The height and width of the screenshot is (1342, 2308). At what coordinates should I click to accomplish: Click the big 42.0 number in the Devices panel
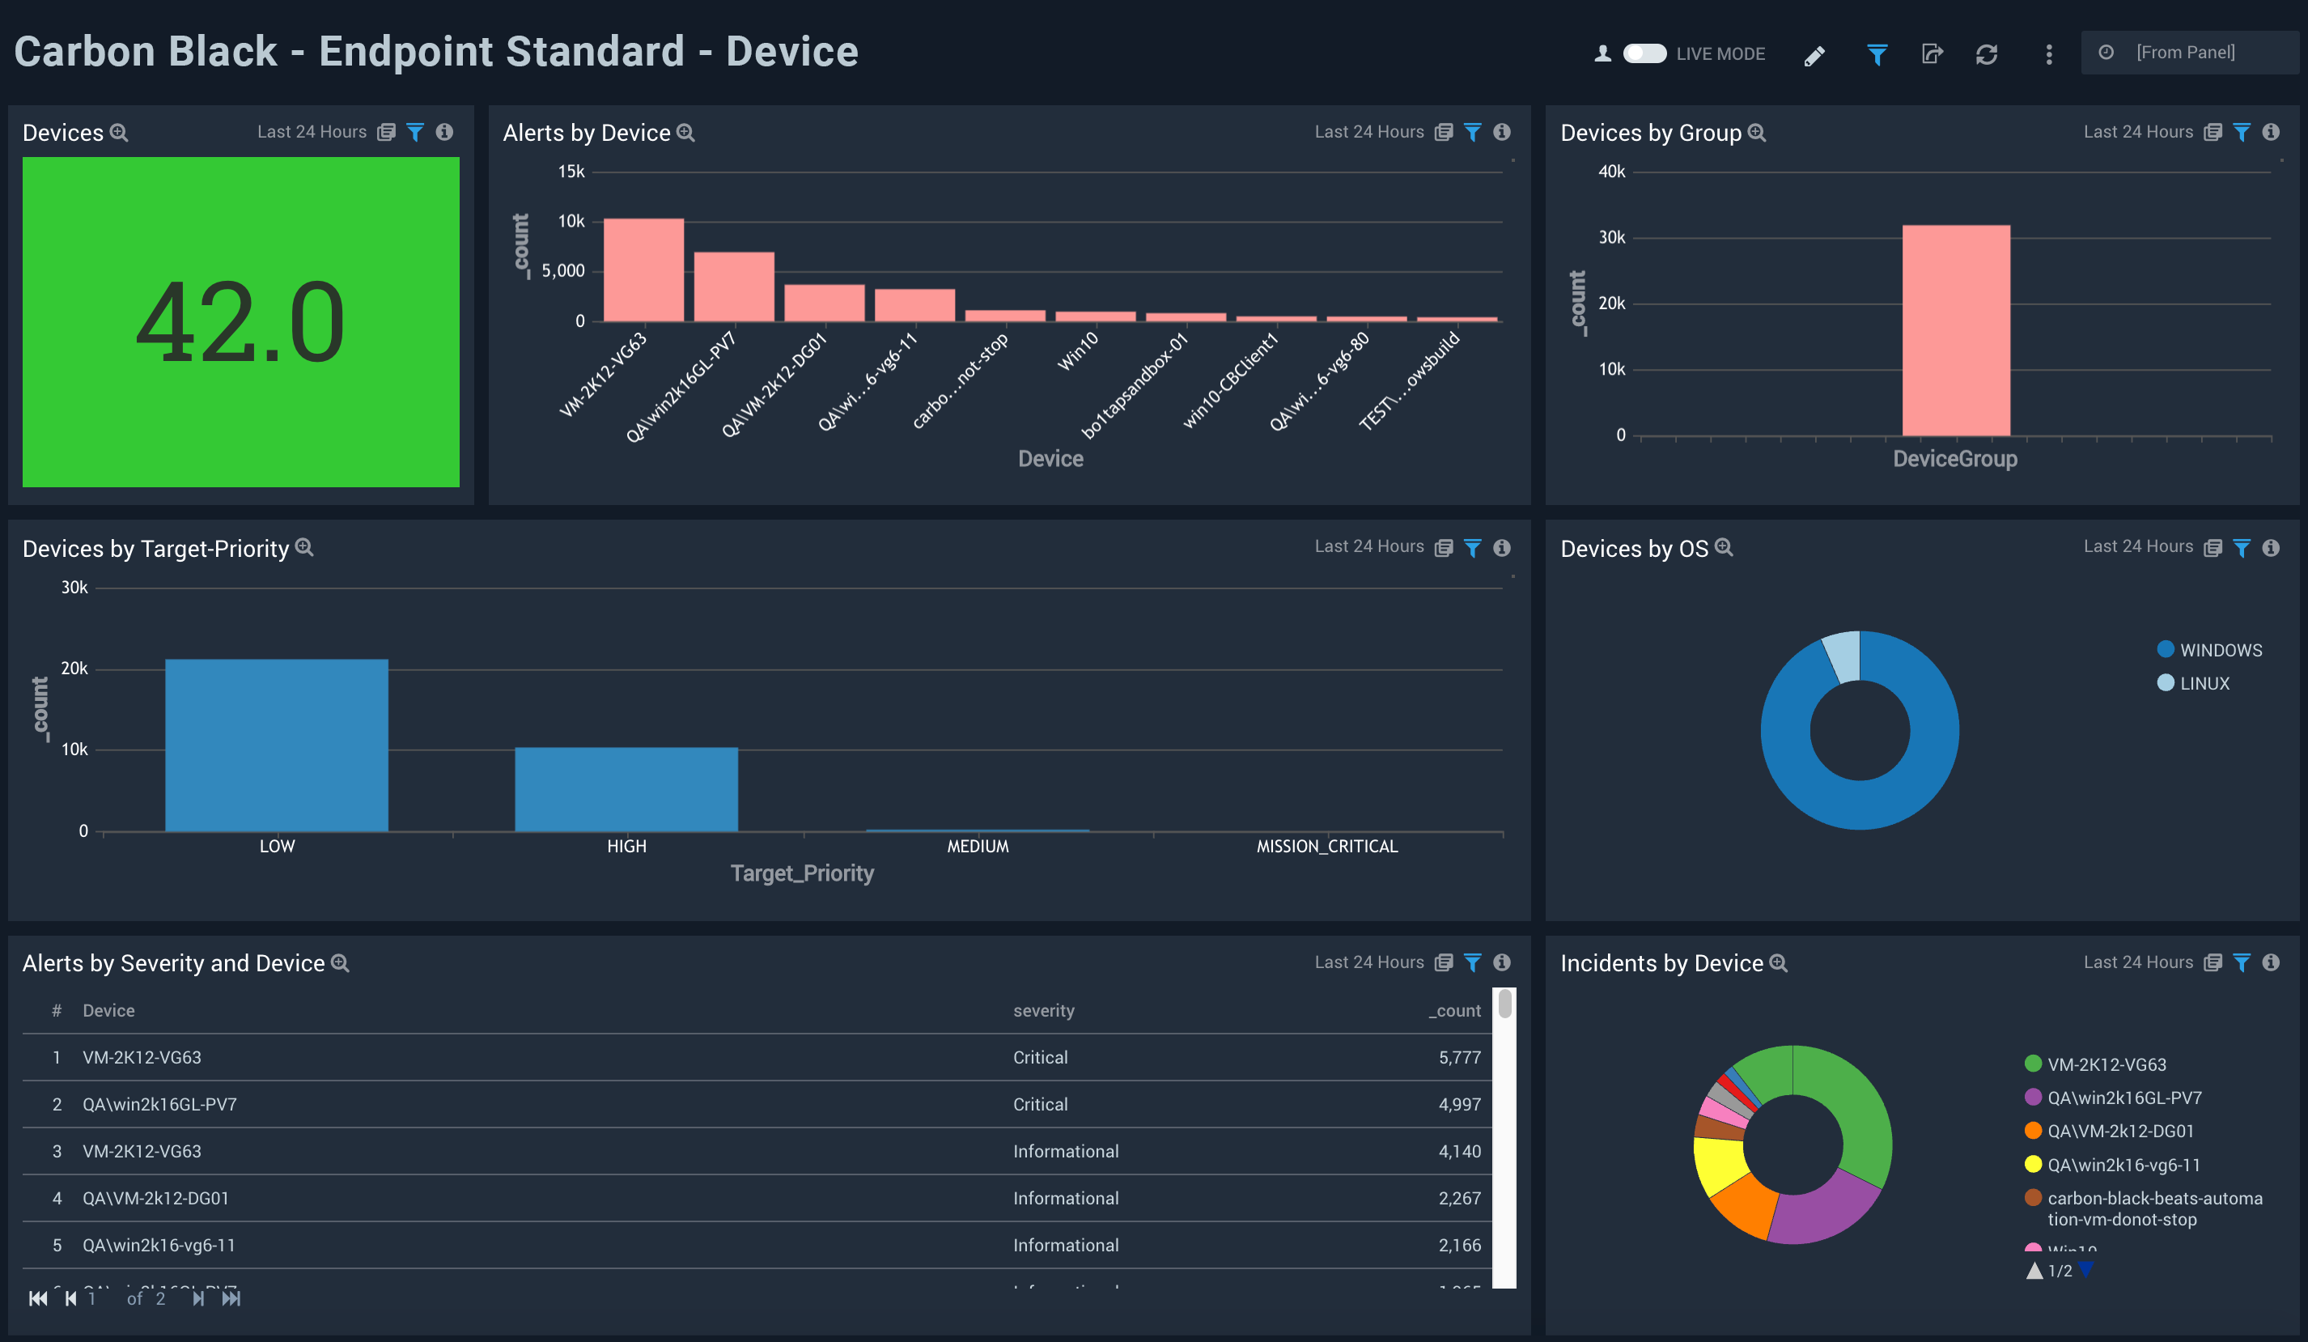(240, 322)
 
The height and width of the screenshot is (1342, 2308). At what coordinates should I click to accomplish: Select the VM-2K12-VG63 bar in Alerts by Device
(643, 270)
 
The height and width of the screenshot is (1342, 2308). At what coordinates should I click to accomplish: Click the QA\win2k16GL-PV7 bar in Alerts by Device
(734, 287)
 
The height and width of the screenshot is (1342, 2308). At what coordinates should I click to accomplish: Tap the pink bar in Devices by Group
(1955, 329)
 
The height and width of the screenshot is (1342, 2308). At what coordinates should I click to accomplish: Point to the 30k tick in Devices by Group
(1611, 237)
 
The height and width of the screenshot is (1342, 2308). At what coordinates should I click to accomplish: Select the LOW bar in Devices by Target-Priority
(277, 745)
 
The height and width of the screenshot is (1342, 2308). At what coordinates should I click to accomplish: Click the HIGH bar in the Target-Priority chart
(626, 788)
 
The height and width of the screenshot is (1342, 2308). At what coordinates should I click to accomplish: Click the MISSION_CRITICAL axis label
(1326, 847)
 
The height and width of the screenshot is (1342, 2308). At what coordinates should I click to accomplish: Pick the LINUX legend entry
(2204, 683)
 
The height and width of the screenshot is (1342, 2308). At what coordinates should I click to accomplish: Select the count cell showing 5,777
(1458, 1057)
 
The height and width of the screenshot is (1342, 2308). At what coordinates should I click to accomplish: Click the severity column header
(1043, 1010)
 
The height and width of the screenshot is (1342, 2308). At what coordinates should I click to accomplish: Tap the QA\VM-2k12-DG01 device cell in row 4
(155, 1198)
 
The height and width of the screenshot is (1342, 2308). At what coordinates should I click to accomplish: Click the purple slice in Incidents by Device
(1822, 1211)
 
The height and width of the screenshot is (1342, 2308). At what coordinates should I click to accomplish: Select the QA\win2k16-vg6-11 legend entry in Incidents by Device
(2122, 1164)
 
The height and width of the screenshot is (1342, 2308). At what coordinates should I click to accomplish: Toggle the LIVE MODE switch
(1644, 53)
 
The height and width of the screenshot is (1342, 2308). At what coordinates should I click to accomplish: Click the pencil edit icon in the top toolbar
(1814, 55)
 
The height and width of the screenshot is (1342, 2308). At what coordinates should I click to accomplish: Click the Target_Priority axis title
(801, 873)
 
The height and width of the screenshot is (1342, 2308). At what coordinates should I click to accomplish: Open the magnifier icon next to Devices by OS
(1723, 548)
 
